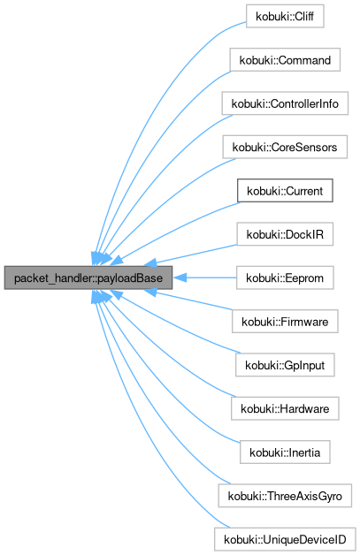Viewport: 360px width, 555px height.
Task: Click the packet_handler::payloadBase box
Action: coord(88,277)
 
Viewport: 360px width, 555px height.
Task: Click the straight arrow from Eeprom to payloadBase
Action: coord(208,277)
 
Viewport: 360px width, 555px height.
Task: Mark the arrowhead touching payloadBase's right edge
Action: coord(179,277)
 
